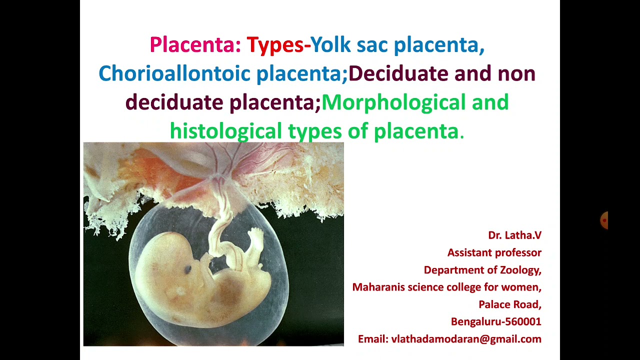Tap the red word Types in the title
[274, 44]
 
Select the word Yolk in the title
[330, 44]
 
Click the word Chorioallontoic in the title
[174, 73]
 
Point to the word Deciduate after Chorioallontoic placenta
[398, 73]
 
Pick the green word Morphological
[393, 102]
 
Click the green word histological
[225, 131]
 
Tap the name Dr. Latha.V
[514, 235]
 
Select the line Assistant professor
[494, 252]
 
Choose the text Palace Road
[509, 304]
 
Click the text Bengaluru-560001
[496, 321]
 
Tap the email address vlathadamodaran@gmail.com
[466, 339]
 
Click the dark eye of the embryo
[188, 269]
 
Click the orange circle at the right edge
[604, 220]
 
